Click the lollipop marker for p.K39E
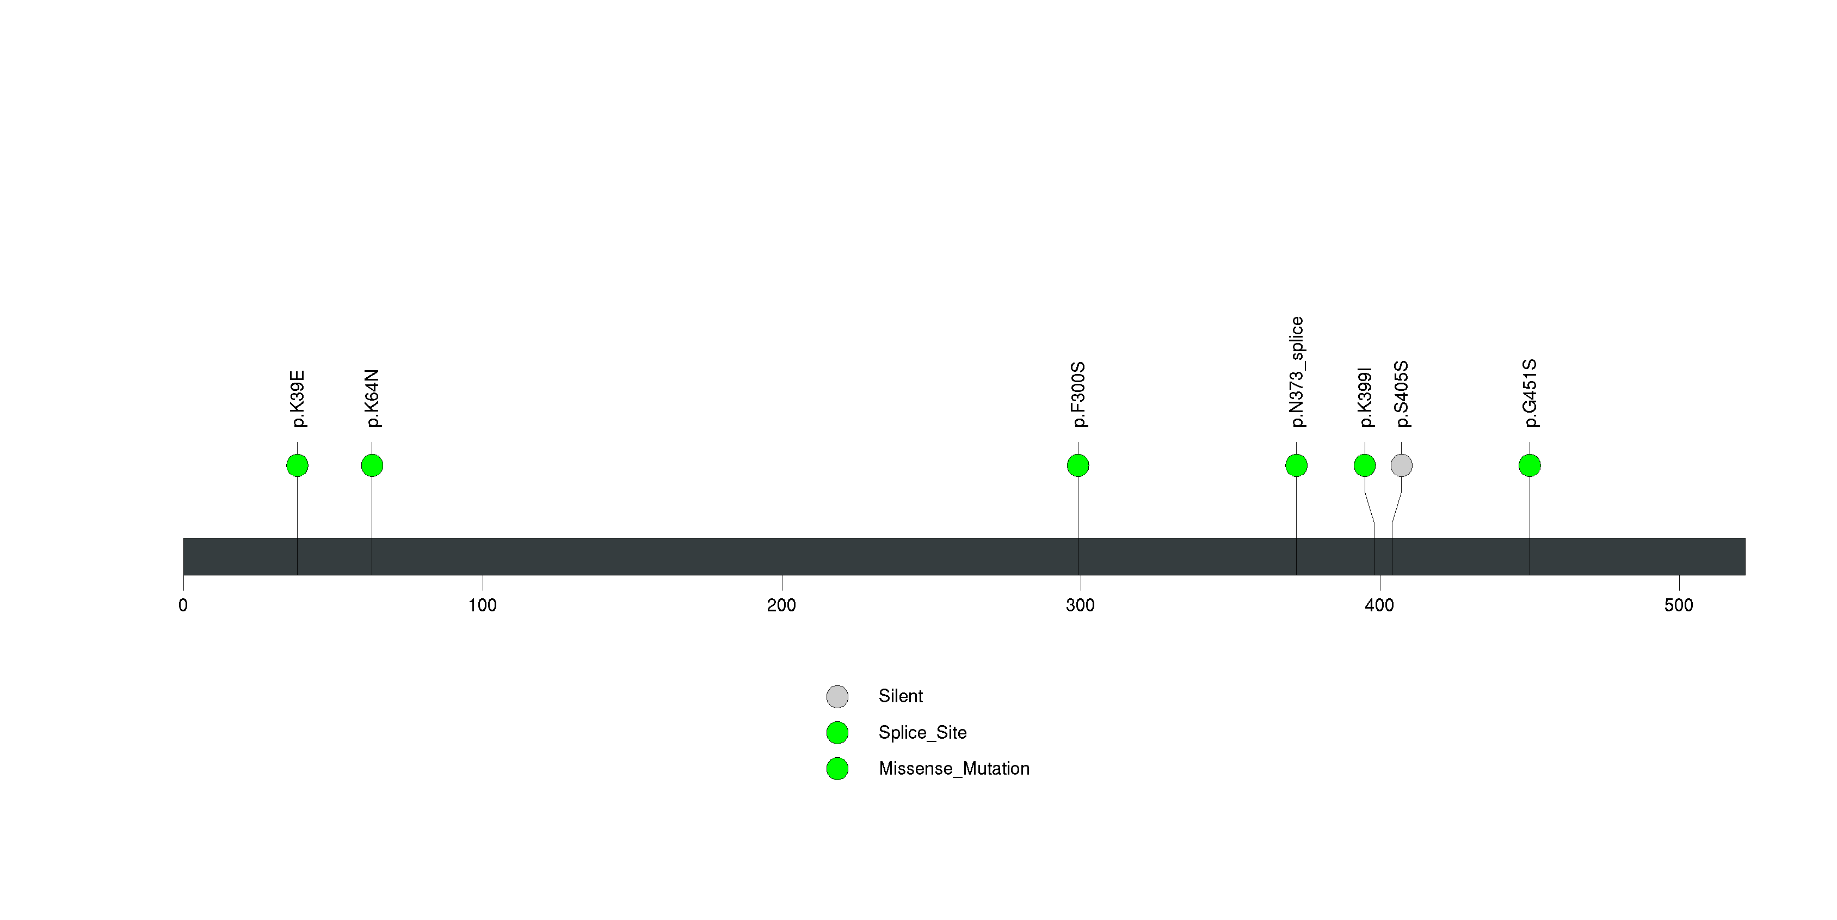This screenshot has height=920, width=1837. (298, 465)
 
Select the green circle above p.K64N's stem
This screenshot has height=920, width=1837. (372, 465)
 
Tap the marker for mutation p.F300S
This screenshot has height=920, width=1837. (1078, 465)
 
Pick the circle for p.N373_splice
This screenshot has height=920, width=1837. (1297, 465)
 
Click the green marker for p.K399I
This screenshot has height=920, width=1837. (1365, 465)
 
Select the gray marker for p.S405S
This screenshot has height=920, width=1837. (1401, 465)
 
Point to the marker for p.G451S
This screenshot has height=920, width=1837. (1530, 465)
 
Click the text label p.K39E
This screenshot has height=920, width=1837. (298, 398)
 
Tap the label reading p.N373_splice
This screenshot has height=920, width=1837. (1297, 372)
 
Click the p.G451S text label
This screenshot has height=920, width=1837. (1530, 394)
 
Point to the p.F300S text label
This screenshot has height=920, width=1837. (1079, 394)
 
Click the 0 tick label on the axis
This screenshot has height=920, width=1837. (183, 605)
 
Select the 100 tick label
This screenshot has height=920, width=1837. (483, 605)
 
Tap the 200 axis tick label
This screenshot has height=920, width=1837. (781, 605)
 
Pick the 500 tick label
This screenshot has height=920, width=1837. (1679, 605)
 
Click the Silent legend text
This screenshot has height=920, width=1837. (901, 696)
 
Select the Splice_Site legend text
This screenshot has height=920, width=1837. (923, 732)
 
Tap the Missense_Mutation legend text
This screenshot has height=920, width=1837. (954, 769)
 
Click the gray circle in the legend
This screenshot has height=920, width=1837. (837, 697)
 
